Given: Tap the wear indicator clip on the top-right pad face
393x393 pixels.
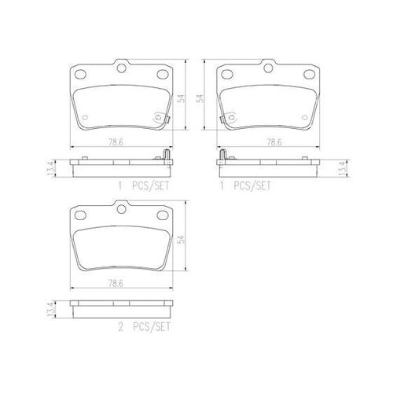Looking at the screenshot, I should coord(226,119).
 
